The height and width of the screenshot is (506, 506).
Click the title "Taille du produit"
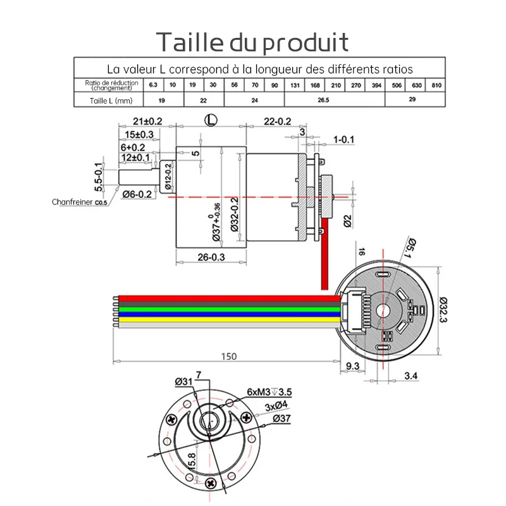tap(252, 42)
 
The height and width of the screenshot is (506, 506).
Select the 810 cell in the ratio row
tap(436, 85)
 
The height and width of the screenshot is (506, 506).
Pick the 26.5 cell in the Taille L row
tap(323, 100)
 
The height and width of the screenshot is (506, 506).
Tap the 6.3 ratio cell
tap(153, 85)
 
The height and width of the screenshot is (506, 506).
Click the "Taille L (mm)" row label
tap(107, 100)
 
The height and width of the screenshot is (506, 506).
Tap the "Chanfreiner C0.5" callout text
tap(80, 202)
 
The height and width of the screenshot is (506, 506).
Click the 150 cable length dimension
tap(229, 357)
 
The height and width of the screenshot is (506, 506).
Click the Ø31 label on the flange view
tap(183, 381)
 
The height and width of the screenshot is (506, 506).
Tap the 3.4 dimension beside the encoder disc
tap(410, 377)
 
